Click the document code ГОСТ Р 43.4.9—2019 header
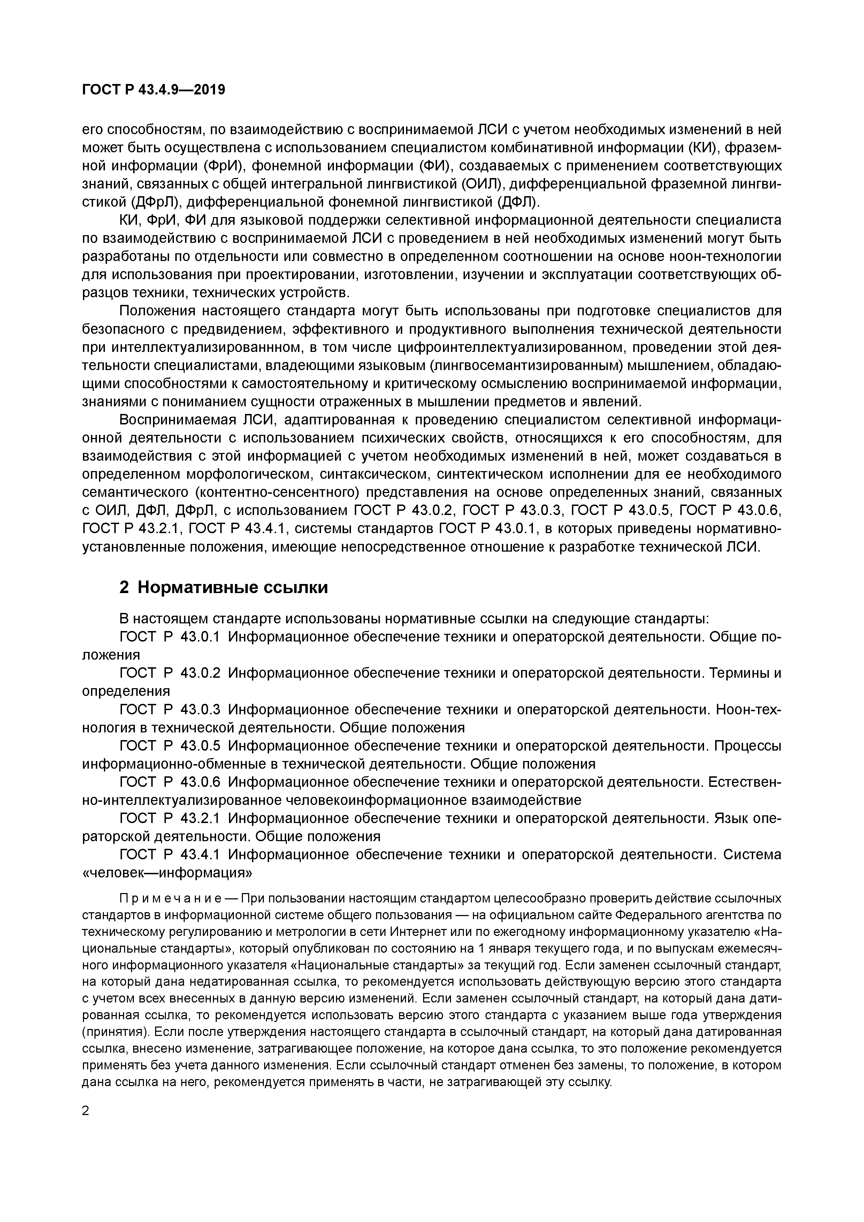(154, 90)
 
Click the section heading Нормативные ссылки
(232, 587)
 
